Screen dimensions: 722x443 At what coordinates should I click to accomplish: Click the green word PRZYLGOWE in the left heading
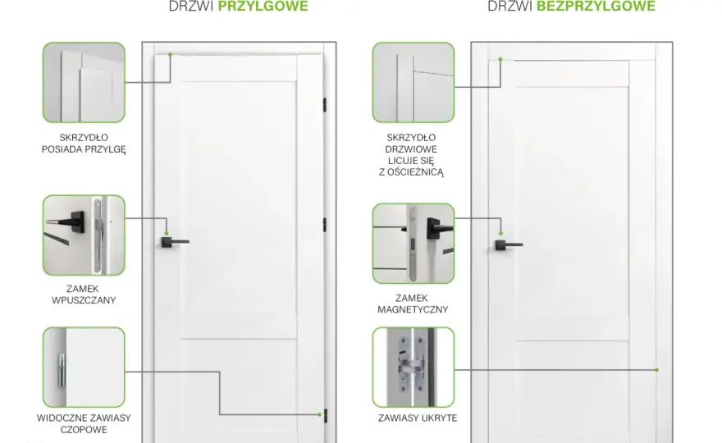(263, 6)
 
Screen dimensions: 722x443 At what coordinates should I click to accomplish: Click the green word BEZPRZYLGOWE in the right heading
(596, 6)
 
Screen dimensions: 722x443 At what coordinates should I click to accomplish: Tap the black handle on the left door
(175, 242)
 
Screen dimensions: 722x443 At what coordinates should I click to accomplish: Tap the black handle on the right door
(509, 245)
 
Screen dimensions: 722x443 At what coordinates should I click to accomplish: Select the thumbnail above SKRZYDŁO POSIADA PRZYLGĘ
(84, 82)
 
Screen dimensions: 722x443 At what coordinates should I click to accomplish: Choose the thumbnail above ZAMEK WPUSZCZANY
(84, 235)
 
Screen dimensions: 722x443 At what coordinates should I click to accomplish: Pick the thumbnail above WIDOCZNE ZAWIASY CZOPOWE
(84, 367)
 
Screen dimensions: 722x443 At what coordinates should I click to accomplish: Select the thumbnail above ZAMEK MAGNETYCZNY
(414, 243)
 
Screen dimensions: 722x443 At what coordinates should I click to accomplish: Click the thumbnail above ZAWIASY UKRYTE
(414, 367)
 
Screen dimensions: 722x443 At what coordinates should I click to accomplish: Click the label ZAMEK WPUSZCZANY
(84, 295)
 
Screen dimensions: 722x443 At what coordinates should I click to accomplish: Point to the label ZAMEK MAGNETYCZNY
(413, 304)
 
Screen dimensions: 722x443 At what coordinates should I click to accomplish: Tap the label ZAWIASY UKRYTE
(418, 418)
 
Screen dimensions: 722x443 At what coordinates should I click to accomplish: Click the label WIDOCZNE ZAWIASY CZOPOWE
(84, 423)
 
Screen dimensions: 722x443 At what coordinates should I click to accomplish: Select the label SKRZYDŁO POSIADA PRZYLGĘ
(84, 144)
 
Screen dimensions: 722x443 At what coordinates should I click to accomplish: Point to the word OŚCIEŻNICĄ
(416, 172)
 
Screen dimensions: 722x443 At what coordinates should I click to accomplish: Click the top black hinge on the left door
(325, 104)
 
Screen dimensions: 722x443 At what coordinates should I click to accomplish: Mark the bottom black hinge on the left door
(325, 416)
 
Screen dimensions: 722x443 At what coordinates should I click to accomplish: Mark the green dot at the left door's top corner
(170, 54)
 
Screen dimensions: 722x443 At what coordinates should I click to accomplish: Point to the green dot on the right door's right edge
(656, 370)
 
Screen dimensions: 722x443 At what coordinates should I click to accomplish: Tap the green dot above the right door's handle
(501, 234)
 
